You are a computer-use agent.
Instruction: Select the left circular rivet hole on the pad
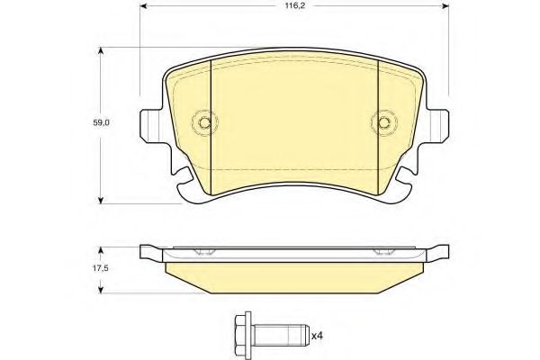coord(206,123)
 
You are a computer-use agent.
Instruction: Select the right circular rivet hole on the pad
coord(382,123)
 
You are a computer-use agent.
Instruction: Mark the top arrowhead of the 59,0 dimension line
coord(100,50)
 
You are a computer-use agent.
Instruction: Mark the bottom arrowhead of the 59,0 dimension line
coord(100,199)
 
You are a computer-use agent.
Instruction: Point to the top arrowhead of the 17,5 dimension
coord(100,246)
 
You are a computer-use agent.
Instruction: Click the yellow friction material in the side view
coord(294,274)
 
